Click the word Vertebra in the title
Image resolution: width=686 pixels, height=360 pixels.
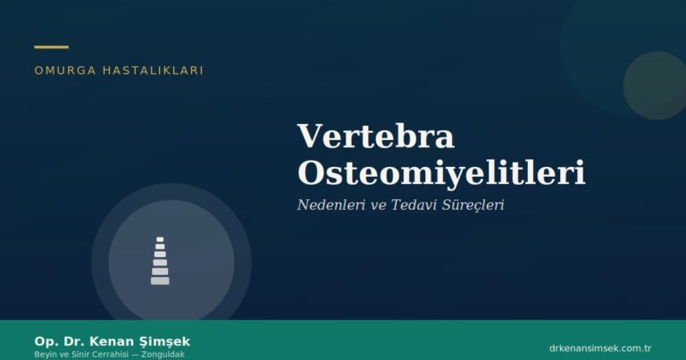pos(375,137)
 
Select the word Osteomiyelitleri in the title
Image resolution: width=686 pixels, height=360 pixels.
pos(440,172)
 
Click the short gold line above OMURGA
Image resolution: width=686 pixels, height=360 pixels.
pos(51,46)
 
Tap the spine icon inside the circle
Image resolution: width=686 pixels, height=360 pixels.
pos(160,261)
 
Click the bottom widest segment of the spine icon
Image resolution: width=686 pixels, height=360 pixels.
pos(160,280)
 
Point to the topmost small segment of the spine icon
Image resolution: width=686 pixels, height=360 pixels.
pos(160,239)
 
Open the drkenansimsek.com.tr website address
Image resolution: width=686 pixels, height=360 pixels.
pos(599,347)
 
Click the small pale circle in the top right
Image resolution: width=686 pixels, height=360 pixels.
pos(654,85)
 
